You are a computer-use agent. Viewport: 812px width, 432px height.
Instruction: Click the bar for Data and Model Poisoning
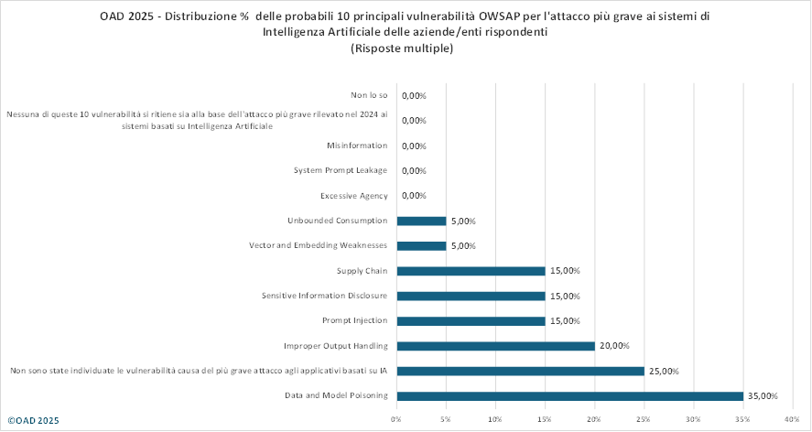[x=569, y=396]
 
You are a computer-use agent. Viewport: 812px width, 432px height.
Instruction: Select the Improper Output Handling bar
[x=495, y=346]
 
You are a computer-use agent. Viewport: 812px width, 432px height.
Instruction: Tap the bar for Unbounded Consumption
[x=421, y=221]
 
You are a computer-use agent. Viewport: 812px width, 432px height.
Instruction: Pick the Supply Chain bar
[x=471, y=271]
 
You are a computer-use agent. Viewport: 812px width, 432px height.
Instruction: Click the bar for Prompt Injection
[x=471, y=321]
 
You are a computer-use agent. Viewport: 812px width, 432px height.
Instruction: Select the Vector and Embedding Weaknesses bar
[x=421, y=246]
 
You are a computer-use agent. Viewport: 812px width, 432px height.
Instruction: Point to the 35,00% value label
[x=762, y=396]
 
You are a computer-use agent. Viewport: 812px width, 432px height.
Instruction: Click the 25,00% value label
[x=663, y=371]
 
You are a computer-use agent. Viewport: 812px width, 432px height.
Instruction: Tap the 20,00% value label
[x=613, y=346]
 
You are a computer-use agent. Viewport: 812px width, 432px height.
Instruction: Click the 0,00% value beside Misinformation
[x=415, y=146]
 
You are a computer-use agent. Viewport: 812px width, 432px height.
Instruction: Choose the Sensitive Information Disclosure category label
[x=324, y=296]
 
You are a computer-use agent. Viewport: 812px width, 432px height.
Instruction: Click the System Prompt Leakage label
[x=341, y=170]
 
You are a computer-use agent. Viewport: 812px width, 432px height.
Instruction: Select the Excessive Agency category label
[x=354, y=196]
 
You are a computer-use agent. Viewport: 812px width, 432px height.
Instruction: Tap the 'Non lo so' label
[x=369, y=95]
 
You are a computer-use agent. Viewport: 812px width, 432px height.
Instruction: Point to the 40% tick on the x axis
[x=793, y=420]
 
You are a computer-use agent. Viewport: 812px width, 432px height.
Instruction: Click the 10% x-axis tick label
[x=495, y=420]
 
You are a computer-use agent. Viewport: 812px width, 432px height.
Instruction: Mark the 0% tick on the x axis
[x=396, y=420]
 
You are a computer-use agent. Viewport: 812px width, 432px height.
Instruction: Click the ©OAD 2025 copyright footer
[x=33, y=420]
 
